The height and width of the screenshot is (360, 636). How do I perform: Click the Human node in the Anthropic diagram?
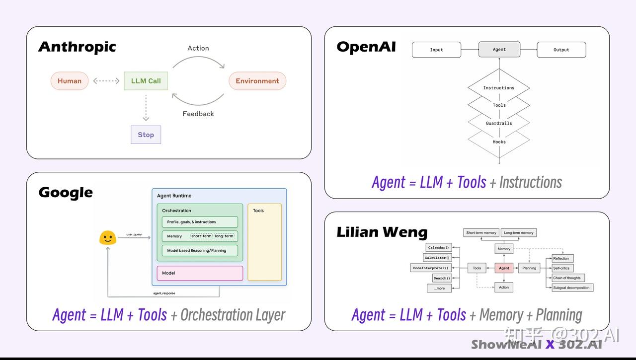click(70, 81)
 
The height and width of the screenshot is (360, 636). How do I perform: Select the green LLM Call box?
click(146, 81)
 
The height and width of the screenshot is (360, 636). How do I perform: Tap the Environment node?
click(257, 81)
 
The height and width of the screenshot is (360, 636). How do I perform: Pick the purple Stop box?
click(146, 135)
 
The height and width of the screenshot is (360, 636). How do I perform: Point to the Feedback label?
click(198, 114)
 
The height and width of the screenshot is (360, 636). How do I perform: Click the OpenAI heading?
click(366, 47)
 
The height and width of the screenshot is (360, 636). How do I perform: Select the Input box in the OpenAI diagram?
click(436, 50)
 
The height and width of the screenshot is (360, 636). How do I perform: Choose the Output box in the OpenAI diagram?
click(561, 50)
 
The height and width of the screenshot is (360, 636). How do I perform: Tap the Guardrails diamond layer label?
click(499, 123)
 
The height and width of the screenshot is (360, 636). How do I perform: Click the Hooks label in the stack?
click(499, 142)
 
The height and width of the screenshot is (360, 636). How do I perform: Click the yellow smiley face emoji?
click(108, 238)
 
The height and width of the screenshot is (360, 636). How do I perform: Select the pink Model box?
click(200, 273)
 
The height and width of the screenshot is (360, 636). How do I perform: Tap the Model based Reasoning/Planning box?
click(200, 250)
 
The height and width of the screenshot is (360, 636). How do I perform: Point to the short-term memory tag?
click(201, 236)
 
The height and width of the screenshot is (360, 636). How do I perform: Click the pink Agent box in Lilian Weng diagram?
click(504, 268)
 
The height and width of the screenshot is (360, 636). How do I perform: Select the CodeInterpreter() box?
click(430, 268)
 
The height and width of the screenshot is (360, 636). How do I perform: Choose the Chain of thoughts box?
click(568, 278)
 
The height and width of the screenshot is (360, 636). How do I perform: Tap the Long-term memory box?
click(518, 232)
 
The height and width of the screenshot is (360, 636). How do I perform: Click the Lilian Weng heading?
click(382, 232)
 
